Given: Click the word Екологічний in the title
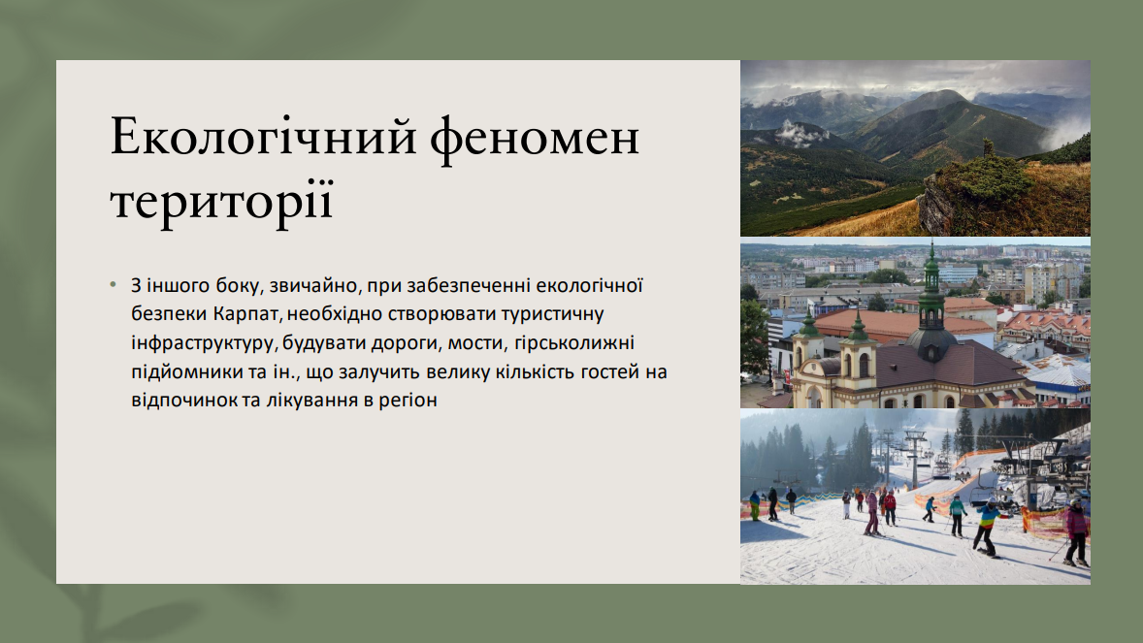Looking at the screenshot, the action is coord(263,137).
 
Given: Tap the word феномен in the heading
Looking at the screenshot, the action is coord(535,137).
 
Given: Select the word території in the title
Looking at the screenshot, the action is coord(221,200).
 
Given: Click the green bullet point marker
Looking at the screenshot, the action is coord(113,284).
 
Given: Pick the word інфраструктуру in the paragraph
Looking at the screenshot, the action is coord(203,342).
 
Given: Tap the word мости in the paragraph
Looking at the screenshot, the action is coord(477,342).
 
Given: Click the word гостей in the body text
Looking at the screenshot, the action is coord(609,371).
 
